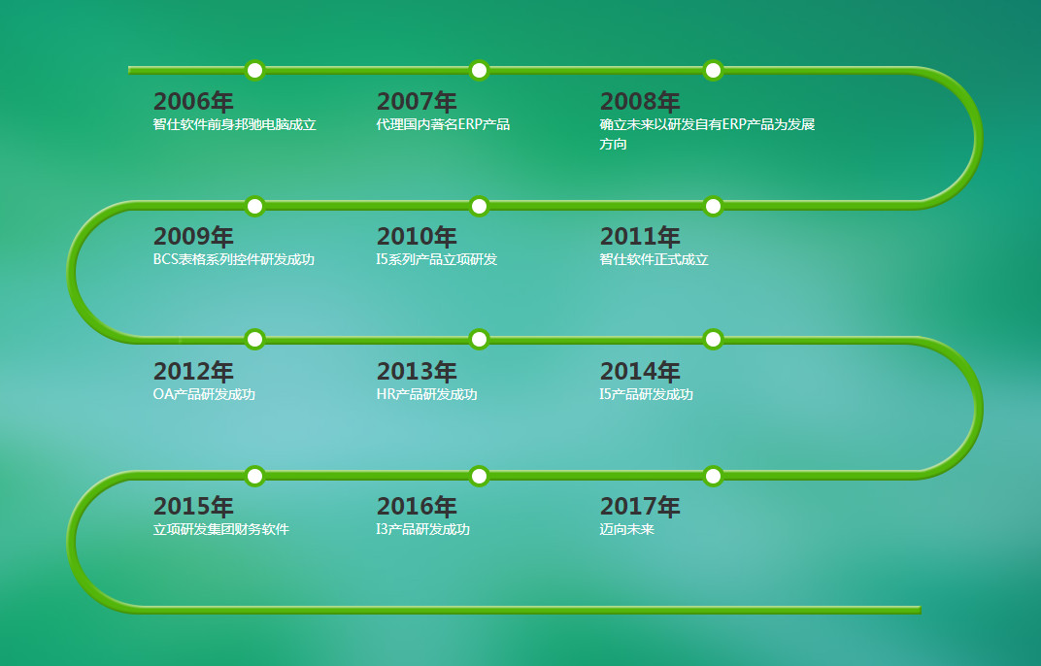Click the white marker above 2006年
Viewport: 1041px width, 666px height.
[x=255, y=70]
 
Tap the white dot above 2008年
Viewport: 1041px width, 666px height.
[x=713, y=70]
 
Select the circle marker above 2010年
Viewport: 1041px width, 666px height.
[x=479, y=206]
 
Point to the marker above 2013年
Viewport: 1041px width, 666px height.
[x=479, y=339]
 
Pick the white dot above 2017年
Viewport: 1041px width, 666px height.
[x=713, y=476]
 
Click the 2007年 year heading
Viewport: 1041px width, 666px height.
[x=417, y=102]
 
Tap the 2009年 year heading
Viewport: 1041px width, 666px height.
[x=193, y=236]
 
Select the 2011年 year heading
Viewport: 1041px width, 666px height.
[x=640, y=236]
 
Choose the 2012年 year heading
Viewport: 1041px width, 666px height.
[x=193, y=372]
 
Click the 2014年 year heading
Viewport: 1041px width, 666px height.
[x=640, y=372]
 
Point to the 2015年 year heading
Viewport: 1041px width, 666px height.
[x=193, y=507]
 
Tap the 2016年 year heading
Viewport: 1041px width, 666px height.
[x=417, y=507]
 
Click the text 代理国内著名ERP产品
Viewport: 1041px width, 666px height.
[x=443, y=124]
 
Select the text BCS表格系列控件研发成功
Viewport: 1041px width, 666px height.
[x=234, y=259]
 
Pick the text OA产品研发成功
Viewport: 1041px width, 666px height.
[x=204, y=394]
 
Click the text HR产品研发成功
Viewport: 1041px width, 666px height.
[x=427, y=394]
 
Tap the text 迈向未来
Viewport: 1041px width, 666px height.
[x=626, y=529]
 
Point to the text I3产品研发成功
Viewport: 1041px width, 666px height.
[x=423, y=529]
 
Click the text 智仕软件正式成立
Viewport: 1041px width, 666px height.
[x=654, y=259]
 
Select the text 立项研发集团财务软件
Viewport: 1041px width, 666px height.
[x=221, y=529]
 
